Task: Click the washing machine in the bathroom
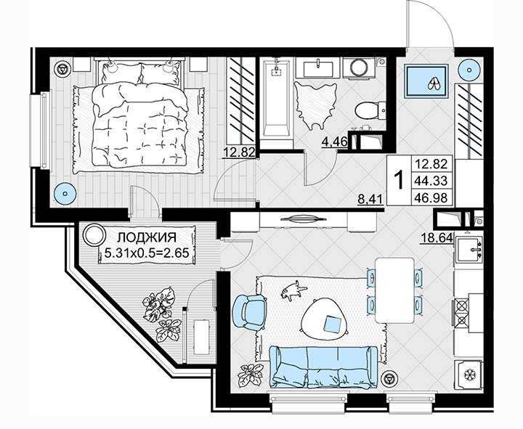tap(358, 68)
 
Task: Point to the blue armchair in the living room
tap(250, 312)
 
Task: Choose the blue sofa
tap(323, 367)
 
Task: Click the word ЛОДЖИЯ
tap(147, 237)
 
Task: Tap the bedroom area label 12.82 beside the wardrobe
tap(240, 152)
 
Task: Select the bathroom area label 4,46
tap(335, 142)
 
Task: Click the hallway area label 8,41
tap(371, 200)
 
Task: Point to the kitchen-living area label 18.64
tap(437, 238)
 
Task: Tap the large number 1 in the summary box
tap(400, 180)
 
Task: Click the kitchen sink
tap(469, 249)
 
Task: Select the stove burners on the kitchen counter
tap(462, 312)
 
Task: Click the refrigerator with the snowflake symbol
tap(469, 375)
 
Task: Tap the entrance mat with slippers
tap(426, 81)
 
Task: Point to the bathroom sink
tap(318, 68)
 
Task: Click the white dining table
tap(394, 290)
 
